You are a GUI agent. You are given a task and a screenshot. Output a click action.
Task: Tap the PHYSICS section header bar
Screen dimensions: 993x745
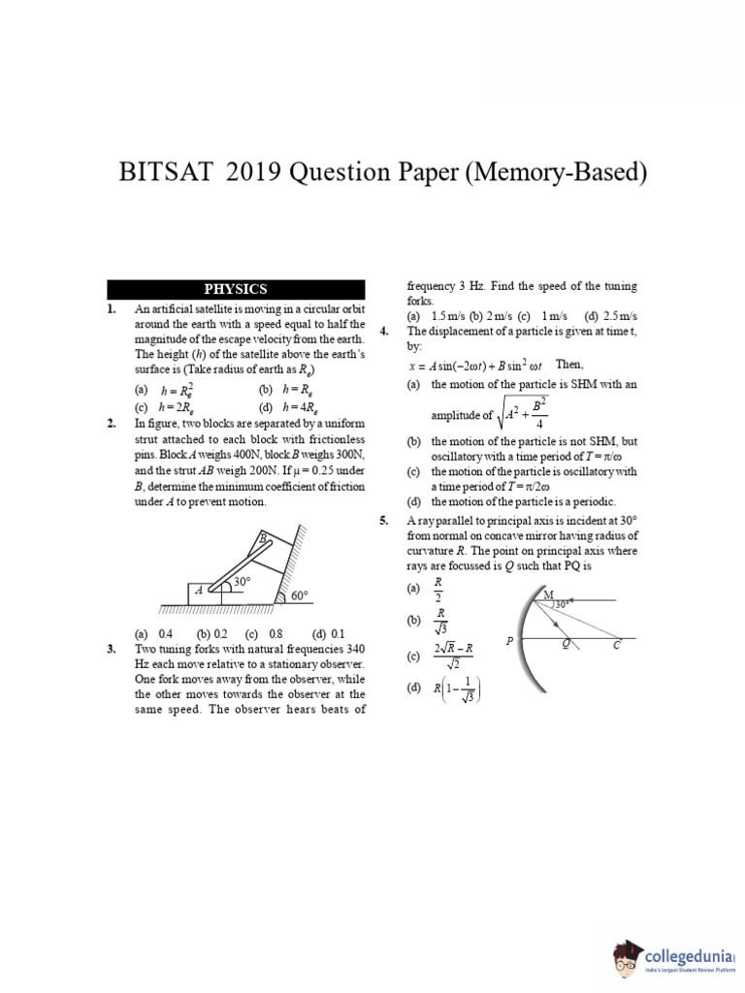pyautogui.click(x=236, y=289)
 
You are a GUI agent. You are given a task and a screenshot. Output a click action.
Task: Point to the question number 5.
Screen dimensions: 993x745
pyautogui.click(x=384, y=521)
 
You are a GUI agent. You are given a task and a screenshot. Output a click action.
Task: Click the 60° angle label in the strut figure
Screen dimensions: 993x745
pyautogui.click(x=299, y=596)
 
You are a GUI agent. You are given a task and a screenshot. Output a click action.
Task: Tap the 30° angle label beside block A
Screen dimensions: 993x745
pyautogui.click(x=240, y=582)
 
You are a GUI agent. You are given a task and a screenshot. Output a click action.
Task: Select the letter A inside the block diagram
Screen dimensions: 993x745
pyautogui.click(x=199, y=590)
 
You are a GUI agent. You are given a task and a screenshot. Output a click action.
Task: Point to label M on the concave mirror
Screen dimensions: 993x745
pyautogui.click(x=548, y=594)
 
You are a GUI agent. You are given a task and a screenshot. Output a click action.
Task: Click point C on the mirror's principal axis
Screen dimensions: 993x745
pyautogui.click(x=615, y=645)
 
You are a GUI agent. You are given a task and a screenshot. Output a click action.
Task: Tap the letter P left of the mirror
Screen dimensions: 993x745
pyautogui.click(x=509, y=642)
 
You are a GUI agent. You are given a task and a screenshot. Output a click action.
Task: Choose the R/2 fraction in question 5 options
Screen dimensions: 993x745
pyautogui.click(x=439, y=590)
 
